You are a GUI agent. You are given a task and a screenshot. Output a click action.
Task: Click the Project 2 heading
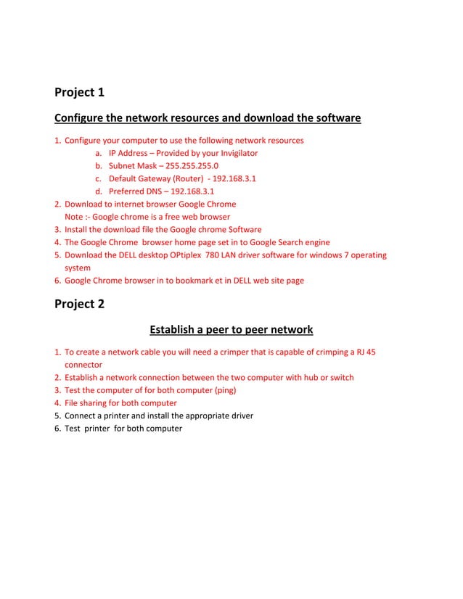pyautogui.click(x=80, y=304)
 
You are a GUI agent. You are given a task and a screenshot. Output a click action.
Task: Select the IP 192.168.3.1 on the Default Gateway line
pyautogui.click(x=234, y=179)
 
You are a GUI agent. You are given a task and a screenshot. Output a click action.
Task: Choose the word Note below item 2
pyautogui.click(x=75, y=217)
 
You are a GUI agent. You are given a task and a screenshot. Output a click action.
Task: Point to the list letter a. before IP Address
pyautogui.click(x=98, y=153)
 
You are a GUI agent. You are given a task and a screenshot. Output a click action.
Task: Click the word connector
pyautogui.click(x=83, y=365)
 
